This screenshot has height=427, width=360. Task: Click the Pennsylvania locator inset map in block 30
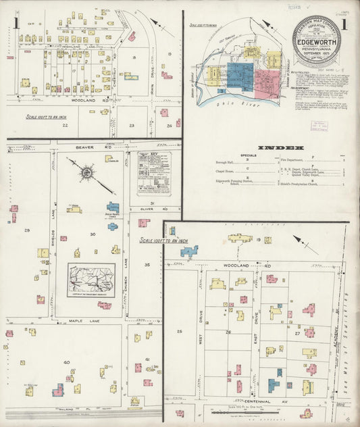tap(91, 280)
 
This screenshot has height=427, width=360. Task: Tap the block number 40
tap(66, 362)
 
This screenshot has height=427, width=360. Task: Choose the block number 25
tap(179, 332)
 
